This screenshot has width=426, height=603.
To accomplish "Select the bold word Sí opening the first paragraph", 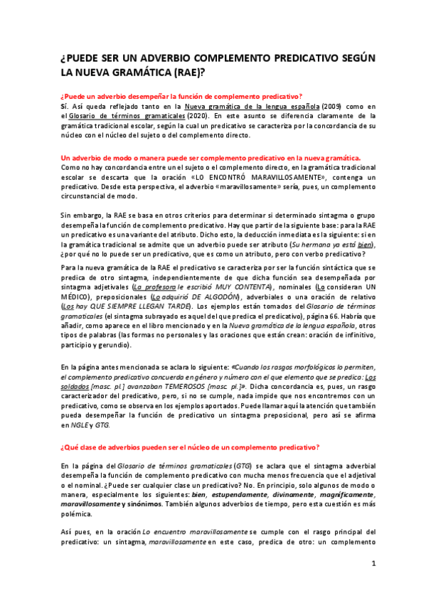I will point(63,105).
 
